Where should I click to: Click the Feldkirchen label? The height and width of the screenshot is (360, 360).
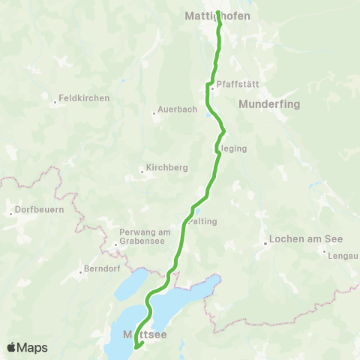pos(84,98)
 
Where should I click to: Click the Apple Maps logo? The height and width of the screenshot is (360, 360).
pos(27,347)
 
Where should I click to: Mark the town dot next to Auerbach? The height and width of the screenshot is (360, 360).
pos(154,114)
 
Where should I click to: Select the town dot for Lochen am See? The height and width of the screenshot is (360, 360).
pos(265,241)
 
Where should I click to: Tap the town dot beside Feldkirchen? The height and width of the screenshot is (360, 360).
pos(55,103)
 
